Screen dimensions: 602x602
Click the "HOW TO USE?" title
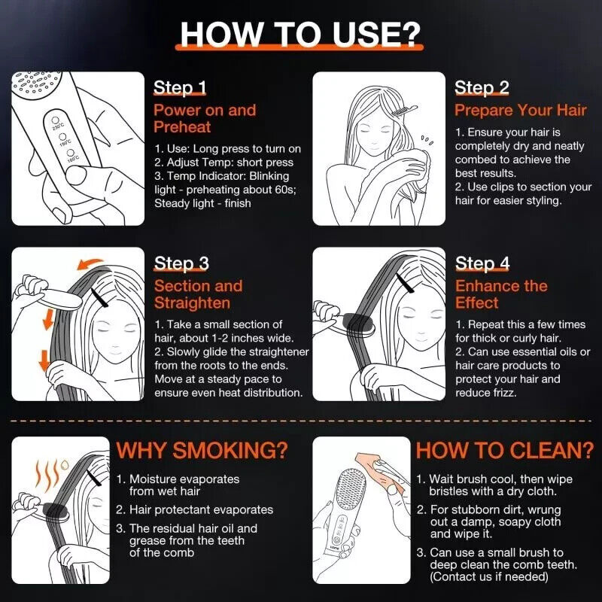(300, 35)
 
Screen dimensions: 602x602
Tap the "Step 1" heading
(180, 88)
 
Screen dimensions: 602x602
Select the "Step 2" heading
(482, 88)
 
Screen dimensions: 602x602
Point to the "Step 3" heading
(181, 263)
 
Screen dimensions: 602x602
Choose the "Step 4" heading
(482, 263)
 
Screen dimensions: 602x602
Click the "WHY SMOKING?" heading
(202, 450)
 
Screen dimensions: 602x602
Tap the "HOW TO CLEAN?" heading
(505, 450)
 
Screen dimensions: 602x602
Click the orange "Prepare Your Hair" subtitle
(521, 111)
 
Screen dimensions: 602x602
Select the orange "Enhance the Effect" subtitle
(501, 294)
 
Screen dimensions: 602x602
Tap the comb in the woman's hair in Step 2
(403, 110)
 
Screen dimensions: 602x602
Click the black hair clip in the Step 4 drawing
(406, 283)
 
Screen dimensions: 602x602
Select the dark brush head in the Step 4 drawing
(358, 325)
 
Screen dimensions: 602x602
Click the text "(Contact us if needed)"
(488, 576)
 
